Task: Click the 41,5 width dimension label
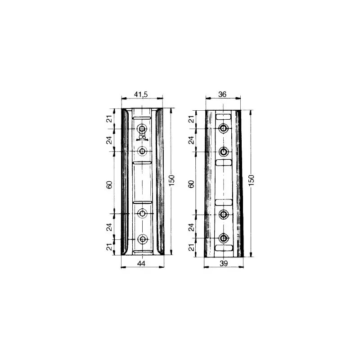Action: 141,94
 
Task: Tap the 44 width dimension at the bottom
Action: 141,264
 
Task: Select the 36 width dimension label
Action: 222,94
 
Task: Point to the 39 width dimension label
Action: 224,264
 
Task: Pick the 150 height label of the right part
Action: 252,180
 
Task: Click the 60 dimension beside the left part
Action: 110,184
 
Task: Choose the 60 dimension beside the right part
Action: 191,184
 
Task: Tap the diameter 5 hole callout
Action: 142,137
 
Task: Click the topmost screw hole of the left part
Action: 142,128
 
